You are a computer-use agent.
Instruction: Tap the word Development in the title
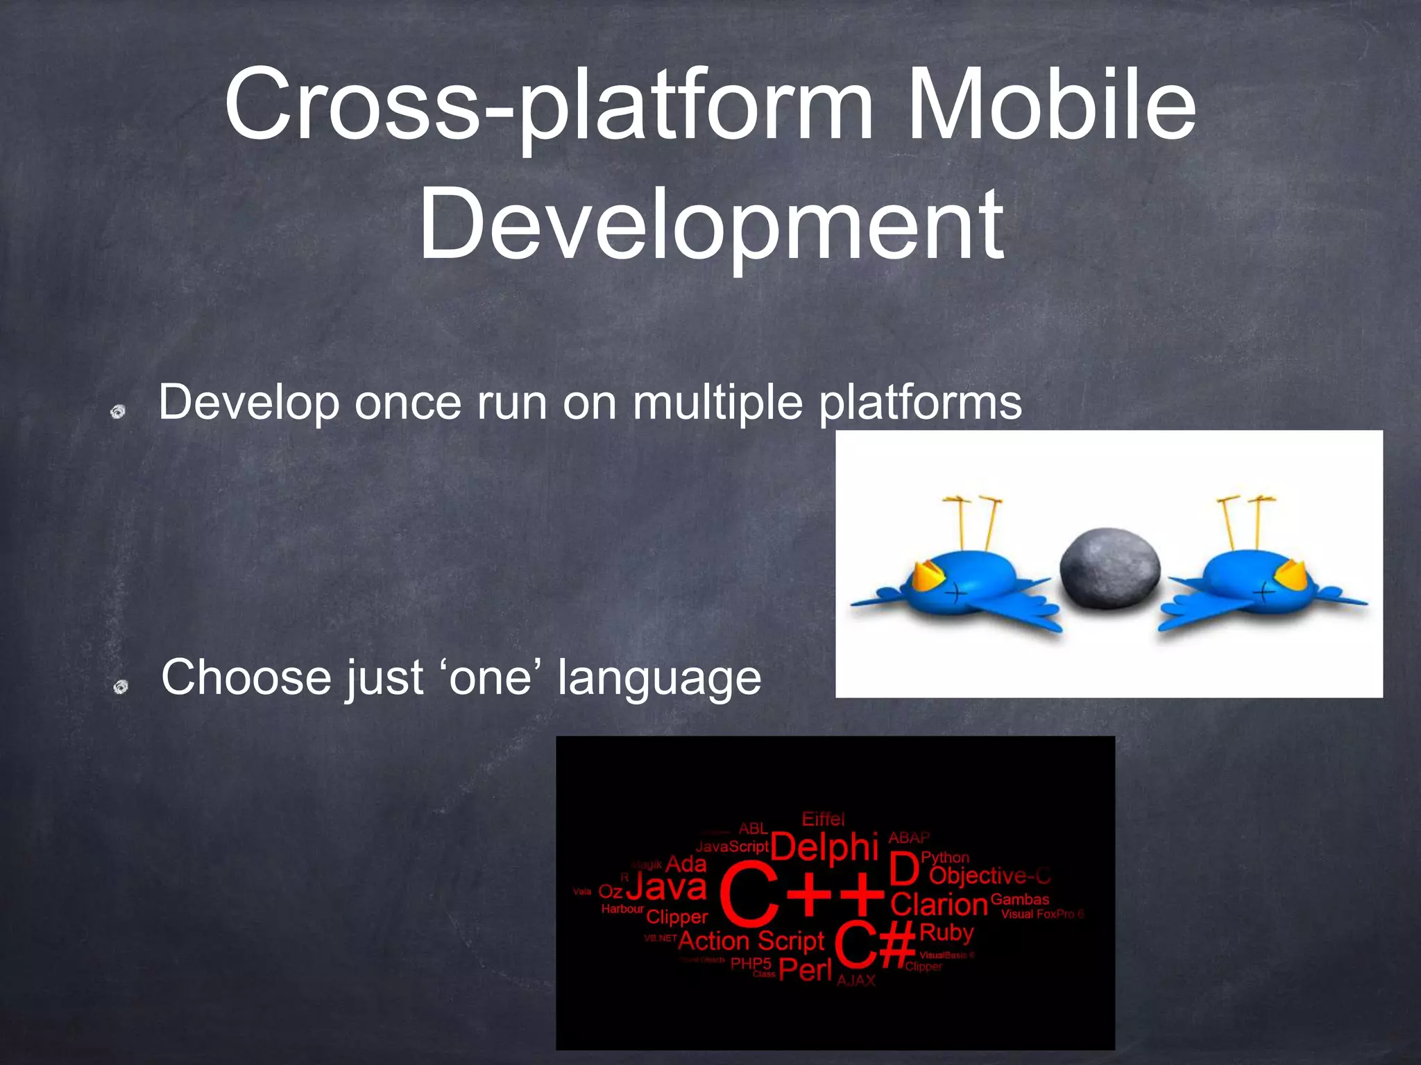coord(710,225)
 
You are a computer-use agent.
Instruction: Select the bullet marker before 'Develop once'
coord(118,412)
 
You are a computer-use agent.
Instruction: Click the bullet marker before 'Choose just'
coord(121,686)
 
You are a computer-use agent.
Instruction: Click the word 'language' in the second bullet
coord(659,678)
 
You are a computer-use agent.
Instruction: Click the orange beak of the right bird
coord(1290,575)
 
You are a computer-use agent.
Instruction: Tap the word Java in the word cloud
coord(666,887)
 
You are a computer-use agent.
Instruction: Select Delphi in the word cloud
coord(824,847)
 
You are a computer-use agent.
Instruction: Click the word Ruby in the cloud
coord(946,933)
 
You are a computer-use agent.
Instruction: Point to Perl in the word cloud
coord(805,969)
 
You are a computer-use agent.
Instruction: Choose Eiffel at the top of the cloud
coord(823,819)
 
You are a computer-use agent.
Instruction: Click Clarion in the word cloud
coord(938,905)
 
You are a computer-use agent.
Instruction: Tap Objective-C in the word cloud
coord(989,876)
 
